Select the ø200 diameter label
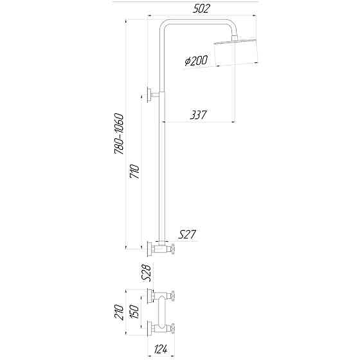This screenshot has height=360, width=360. [x=195, y=62]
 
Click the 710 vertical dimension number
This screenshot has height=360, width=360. [x=134, y=172]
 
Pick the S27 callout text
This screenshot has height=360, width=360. [x=186, y=235]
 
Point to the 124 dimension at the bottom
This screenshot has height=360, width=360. [x=162, y=350]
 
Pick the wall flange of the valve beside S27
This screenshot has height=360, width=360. [x=150, y=248]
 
